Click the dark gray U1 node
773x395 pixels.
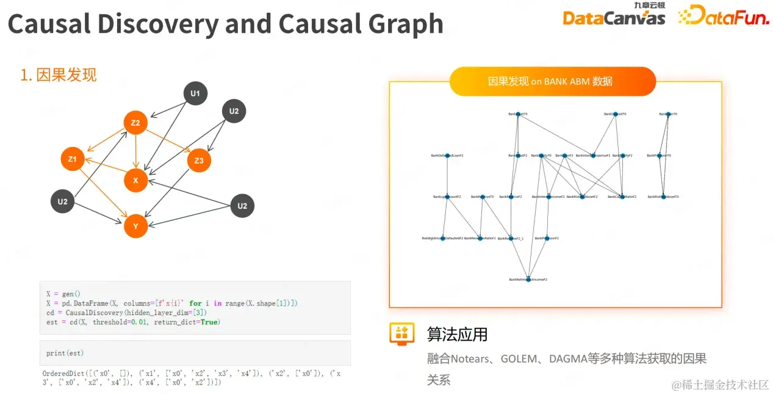tap(195, 93)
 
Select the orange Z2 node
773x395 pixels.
tap(135, 123)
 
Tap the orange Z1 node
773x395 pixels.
tap(73, 159)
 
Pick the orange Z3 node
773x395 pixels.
tap(199, 161)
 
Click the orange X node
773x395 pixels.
tap(135, 180)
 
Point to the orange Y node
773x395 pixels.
tap(135, 226)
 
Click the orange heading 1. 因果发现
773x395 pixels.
tap(59, 75)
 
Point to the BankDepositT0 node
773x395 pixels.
tap(615, 114)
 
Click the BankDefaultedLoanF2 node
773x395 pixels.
tap(447, 156)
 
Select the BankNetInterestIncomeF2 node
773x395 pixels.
tap(528, 280)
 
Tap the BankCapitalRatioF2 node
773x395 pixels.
tap(622, 197)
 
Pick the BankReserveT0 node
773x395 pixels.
tap(483, 197)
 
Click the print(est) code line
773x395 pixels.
tap(65, 353)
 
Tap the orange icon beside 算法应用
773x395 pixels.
tap(402, 334)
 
